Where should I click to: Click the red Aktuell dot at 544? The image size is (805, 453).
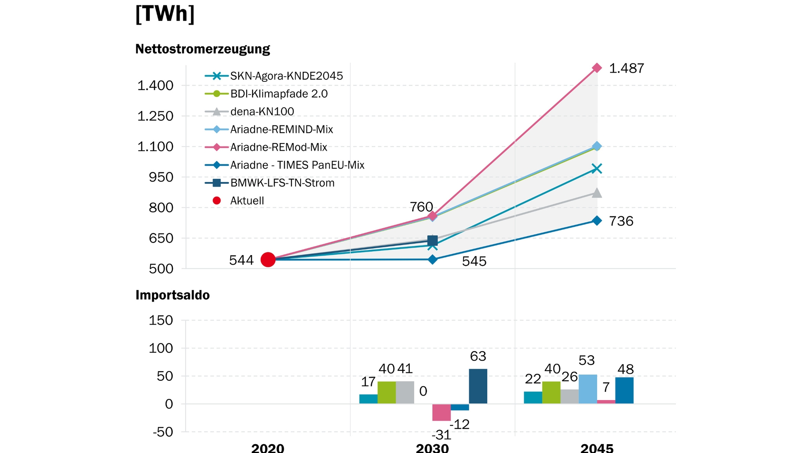pos(268,260)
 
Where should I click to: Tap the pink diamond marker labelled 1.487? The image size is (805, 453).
pos(597,68)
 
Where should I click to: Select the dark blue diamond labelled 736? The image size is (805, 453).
pos(597,221)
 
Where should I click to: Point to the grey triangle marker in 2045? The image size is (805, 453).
pos(597,193)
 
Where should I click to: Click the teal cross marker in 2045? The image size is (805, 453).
pos(597,169)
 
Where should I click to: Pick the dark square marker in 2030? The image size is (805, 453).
pos(433,240)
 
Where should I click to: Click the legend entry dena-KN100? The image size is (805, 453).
pos(262,112)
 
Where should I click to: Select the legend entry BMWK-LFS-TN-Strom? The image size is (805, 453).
pos(282,183)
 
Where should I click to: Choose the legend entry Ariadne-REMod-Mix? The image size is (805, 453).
pos(278,147)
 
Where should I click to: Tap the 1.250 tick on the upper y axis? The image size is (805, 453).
pos(155,116)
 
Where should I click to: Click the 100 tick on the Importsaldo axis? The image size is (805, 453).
pos(161,348)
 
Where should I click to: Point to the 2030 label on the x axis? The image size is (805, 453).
pos(432,448)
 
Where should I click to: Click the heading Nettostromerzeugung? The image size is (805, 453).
pos(203,49)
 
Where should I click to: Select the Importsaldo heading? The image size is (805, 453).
pos(172,295)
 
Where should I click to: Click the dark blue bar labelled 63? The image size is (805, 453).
pos(478,386)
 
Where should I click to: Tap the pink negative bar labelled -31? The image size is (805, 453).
pos(441,412)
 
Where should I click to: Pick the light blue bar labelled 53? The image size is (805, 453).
pos(588,389)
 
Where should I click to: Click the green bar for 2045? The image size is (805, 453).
pos(551,393)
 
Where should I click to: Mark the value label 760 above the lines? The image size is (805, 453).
pos(421,207)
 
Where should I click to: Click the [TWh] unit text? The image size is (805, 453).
pos(165,14)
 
